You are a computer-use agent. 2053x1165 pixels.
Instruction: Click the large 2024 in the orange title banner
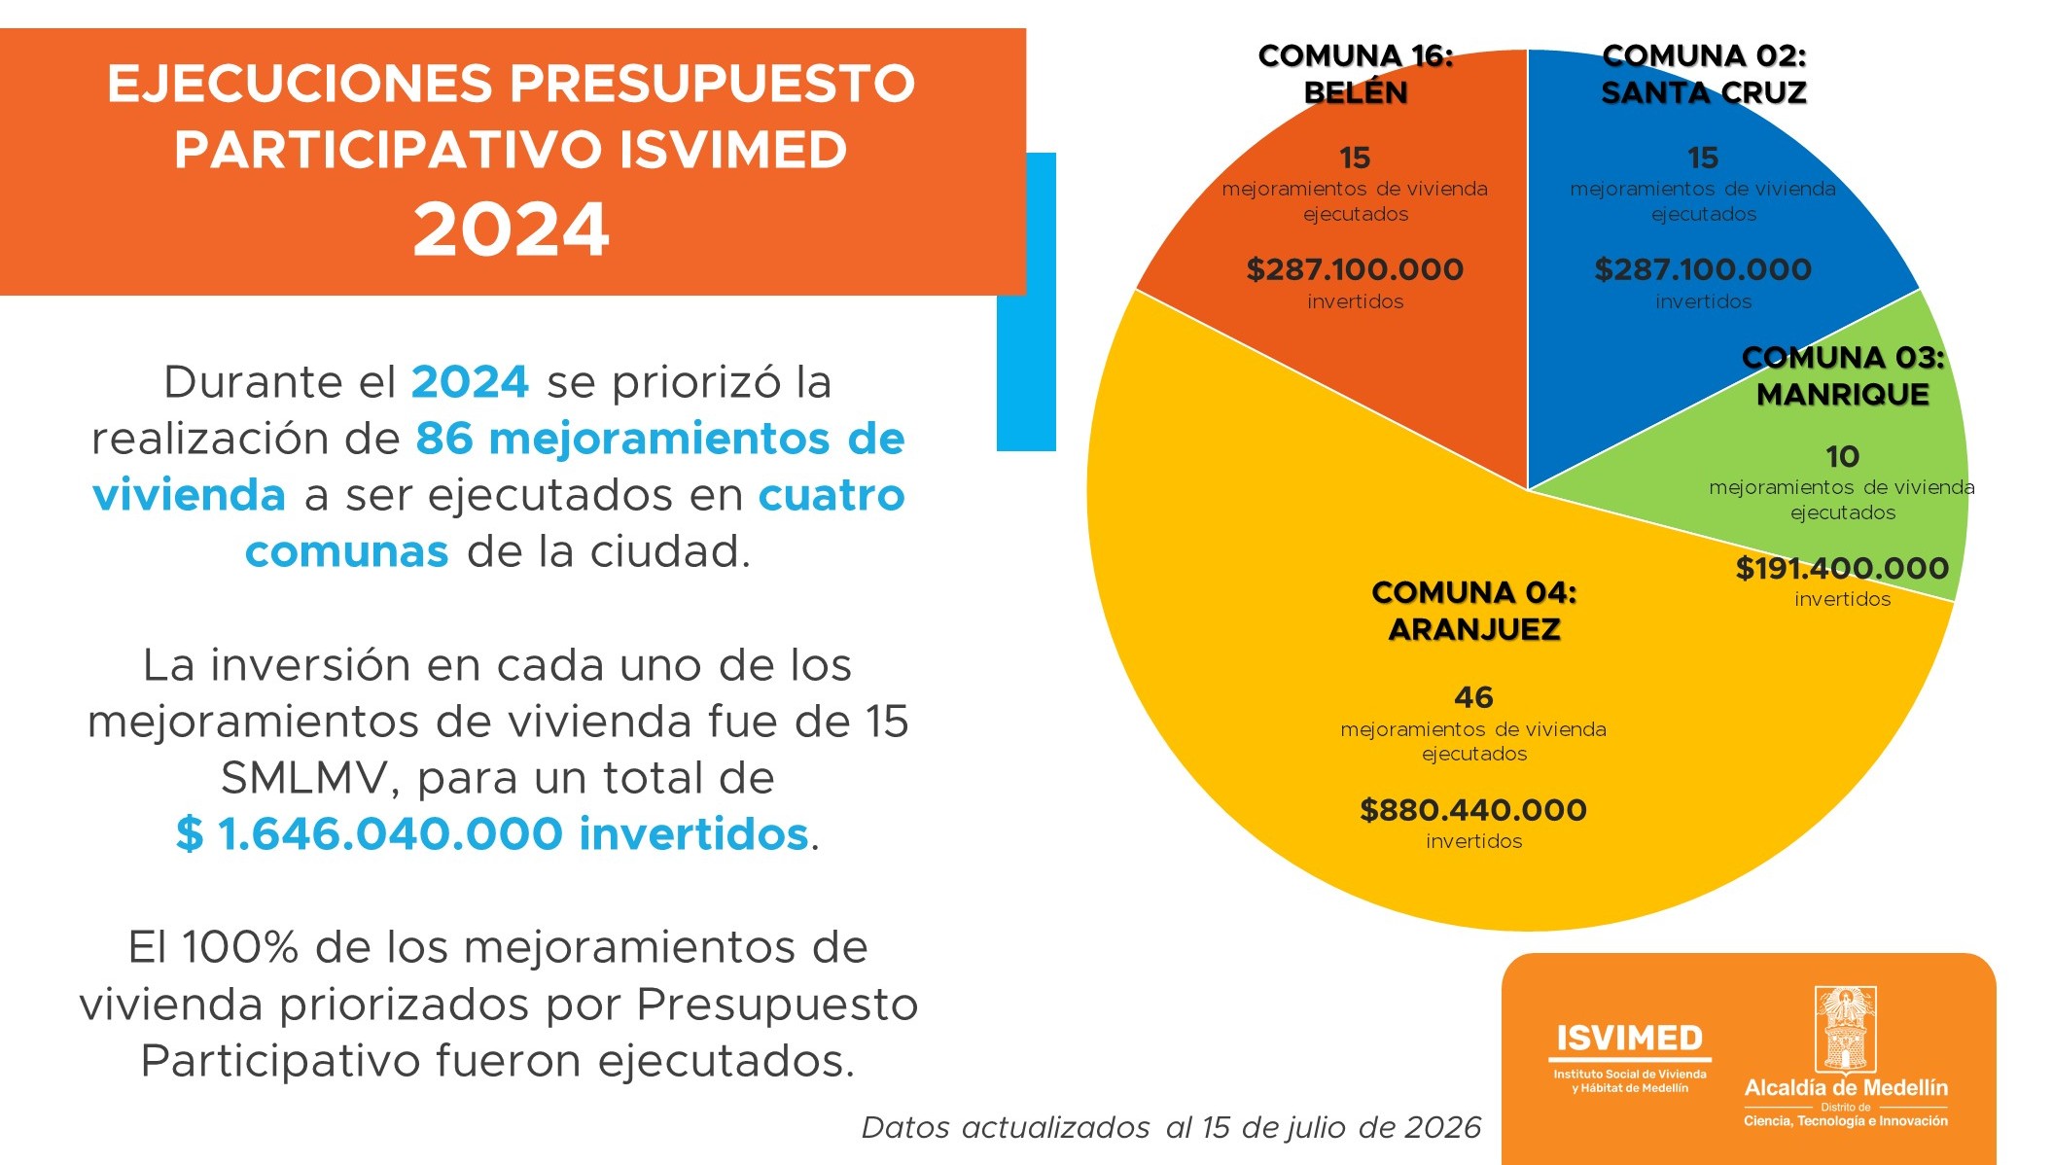point(512,229)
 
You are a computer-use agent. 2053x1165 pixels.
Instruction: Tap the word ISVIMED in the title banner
point(733,150)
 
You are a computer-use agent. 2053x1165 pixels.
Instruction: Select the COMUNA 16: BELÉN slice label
point(1356,74)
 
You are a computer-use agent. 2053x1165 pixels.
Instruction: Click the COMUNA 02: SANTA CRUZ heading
point(1704,74)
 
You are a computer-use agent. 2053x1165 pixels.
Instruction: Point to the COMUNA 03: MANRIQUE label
point(1843,375)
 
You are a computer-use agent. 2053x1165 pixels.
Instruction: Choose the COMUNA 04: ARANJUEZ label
point(1474,611)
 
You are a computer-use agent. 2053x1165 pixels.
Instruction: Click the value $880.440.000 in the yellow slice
point(1473,810)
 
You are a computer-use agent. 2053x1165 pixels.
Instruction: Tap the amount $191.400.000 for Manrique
point(1843,568)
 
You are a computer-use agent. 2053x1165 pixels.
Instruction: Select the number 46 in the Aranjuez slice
point(1473,697)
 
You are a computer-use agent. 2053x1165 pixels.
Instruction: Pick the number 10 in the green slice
point(1843,456)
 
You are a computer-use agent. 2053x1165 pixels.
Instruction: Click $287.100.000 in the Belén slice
point(1356,269)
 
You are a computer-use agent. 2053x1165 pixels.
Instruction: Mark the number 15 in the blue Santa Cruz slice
point(1703,158)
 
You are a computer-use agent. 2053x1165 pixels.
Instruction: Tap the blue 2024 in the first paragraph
point(470,382)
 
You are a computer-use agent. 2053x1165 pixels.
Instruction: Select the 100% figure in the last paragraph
point(239,947)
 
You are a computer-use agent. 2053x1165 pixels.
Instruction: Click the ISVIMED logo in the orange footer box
point(1630,1057)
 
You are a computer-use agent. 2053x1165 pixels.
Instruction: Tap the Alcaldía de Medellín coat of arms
point(1846,1029)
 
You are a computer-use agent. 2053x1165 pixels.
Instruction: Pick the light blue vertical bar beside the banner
point(1027,301)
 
